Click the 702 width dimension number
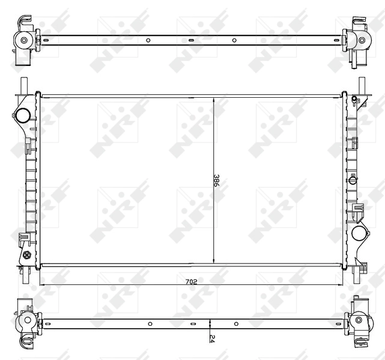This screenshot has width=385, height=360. point(191,281)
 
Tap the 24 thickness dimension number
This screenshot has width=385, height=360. point(212,338)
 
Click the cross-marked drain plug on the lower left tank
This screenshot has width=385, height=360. point(26,254)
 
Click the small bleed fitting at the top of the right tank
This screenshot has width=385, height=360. point(355,98)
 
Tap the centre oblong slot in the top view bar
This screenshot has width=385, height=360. point(191,41)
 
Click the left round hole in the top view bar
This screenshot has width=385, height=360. point(148,41)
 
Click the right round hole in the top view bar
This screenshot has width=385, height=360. point(234,41)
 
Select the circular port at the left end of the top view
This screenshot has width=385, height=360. point(24,41)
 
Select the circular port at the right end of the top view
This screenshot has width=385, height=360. point(362,41)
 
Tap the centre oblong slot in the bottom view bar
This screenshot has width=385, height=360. point(191,323)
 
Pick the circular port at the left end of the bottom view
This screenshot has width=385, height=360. point(26,322)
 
